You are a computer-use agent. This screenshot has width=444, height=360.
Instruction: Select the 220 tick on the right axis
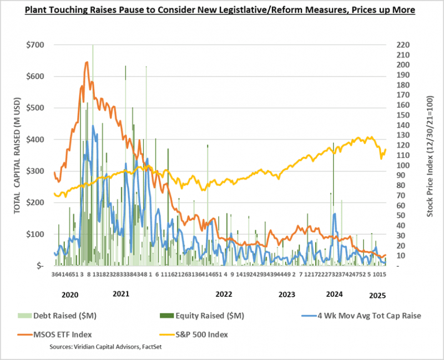pyautogui.click(x=403, y=45)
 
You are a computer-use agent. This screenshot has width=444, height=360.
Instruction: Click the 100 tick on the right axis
pyautogui.click(x=403, y=165)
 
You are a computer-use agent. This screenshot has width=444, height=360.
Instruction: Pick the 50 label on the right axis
pyautogui.click(x=401, y=216)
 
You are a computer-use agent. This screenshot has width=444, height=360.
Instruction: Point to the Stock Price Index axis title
pyautogui.click(x=430, y=155)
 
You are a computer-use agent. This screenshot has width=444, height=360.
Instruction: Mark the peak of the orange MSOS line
pyautogui.click(x=87, y=62)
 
